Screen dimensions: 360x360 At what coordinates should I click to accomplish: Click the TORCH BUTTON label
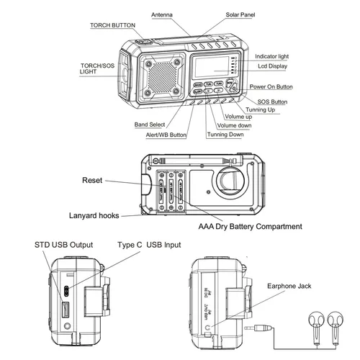pos(112,25)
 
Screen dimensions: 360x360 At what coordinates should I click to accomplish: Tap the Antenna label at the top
pos(166,14)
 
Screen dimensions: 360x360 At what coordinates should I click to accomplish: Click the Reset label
pos(92,181)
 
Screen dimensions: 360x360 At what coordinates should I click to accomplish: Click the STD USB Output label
pos(63,245)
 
